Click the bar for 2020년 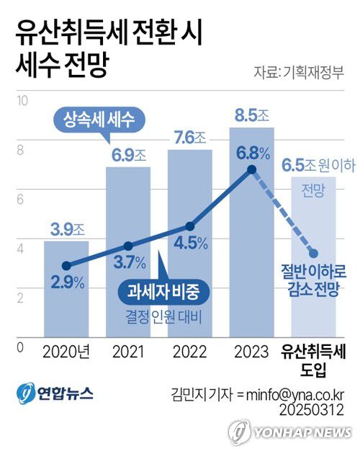(x=66, y=303)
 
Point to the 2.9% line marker (x=66, y=266)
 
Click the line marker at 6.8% (x=251, y=169)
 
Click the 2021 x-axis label (x=129, y=353)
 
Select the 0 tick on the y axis (x=20, y=346)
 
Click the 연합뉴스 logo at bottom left (x=55, y=393)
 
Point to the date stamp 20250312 (x=317, y=409)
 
